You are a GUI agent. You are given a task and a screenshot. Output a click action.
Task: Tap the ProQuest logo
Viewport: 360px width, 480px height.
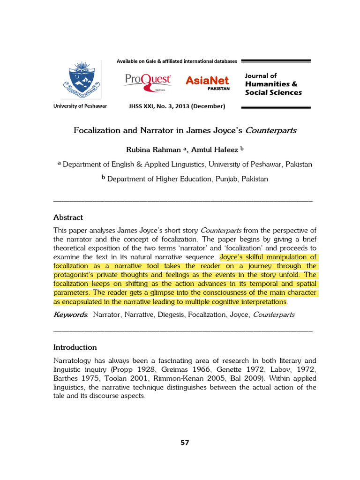(148, 81)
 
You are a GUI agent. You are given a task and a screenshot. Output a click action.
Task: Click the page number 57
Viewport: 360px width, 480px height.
(185, 442)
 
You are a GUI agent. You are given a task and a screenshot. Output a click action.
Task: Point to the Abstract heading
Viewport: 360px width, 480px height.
(68, 217)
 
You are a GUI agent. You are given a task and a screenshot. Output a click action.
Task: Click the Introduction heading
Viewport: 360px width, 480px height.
(75, 347)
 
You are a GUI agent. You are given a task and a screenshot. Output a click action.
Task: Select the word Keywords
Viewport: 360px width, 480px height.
(70, 315)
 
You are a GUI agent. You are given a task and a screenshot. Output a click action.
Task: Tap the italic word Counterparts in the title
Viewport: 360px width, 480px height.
(273, 130)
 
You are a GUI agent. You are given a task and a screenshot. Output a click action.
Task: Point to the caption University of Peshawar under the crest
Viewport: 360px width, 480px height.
(80, 106)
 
